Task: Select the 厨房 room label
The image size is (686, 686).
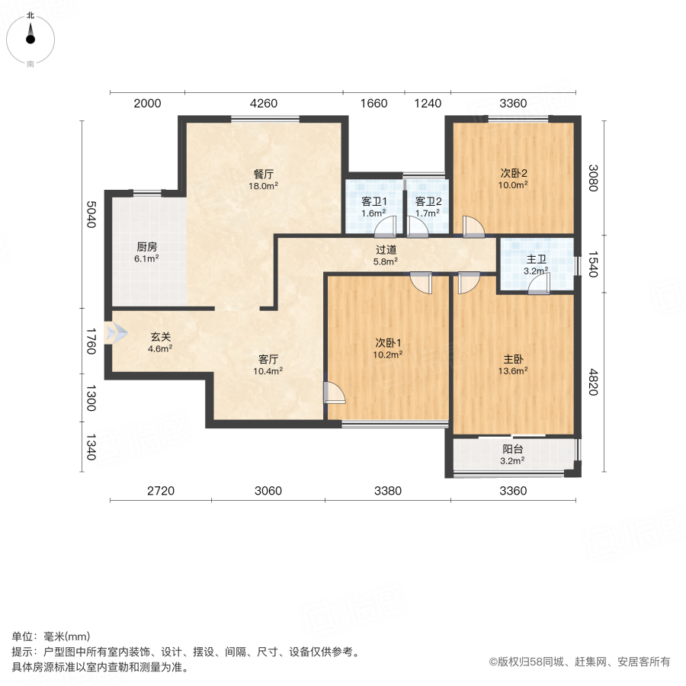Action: click(147, 246)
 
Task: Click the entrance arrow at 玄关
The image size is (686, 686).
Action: click(117, 333)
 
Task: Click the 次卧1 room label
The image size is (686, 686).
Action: click(388, 342)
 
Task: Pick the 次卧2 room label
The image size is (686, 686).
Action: click(513, 172)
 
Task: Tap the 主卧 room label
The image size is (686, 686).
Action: click(513, 359)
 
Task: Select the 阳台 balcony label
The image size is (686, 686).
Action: click(513, 449)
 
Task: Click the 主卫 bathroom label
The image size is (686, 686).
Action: click(536, 259)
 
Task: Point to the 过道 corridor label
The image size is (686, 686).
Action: click(386, 249)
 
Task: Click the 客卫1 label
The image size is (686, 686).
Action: click(373, 201)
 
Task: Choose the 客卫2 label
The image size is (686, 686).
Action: click(427, 201)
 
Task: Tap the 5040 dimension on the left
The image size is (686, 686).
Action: click(91, 215)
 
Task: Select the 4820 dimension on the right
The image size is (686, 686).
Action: click(593, 382)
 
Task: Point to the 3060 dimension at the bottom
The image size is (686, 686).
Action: click(268, 491)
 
